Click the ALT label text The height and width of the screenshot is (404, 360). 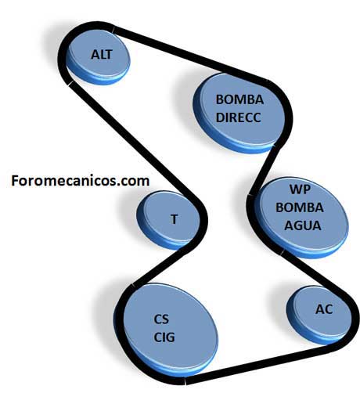point(102,55)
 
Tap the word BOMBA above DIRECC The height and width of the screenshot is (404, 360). point(239,99)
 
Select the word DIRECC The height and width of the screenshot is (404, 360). point(239,117)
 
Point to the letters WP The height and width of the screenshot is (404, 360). point(300,189)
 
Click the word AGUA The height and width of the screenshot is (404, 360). point(303,225)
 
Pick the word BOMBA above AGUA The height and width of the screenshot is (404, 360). point(300,207)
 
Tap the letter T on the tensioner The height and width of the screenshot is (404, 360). point(175,219)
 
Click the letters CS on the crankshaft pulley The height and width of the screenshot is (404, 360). point(161,319)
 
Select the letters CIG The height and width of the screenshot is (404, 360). point(164,337)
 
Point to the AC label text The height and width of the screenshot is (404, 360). point(324,309)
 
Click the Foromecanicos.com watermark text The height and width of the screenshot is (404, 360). point(81,181)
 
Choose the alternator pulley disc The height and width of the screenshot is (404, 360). point(98,56)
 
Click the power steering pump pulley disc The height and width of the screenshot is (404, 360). point(239,113)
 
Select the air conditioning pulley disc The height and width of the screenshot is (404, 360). point(319,315)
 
